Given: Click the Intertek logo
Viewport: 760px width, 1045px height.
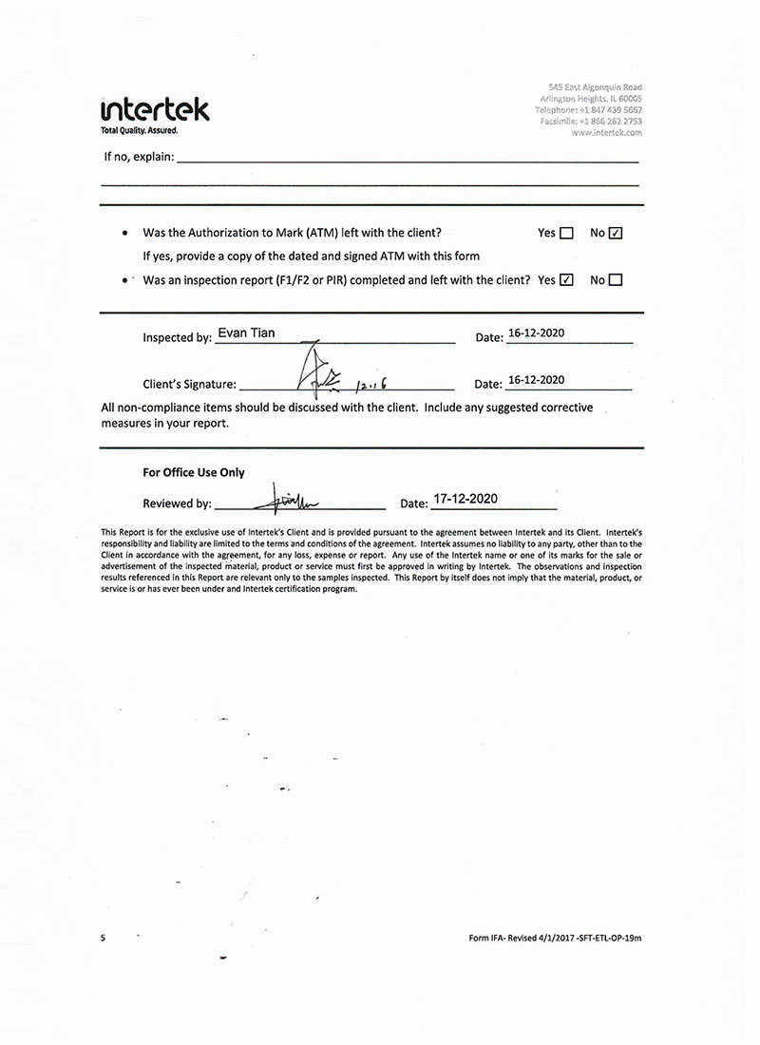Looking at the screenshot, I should coord(154,108).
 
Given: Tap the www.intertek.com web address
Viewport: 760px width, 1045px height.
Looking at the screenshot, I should coord(606,133).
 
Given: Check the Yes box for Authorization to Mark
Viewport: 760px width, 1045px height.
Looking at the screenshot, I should coord(567,233).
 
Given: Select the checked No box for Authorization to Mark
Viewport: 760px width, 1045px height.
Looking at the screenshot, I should coord(616,233).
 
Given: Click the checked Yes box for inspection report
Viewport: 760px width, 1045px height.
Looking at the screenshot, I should coord(567,280).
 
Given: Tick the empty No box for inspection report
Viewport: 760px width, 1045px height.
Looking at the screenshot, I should coord(616,280).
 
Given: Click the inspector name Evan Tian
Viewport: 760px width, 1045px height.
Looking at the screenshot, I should coord(246,333).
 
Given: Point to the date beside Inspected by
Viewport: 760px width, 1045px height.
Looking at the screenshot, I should coord(537,333).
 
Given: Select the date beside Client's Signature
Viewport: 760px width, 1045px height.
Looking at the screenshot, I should coord(537,380).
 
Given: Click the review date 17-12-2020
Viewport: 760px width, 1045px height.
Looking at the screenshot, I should coord(465,499).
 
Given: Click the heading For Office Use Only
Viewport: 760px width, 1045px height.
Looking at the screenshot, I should coord(194,472).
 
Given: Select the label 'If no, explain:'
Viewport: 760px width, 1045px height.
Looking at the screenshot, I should coord(139,157).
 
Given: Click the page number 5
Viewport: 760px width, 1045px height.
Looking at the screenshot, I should coord(103,938).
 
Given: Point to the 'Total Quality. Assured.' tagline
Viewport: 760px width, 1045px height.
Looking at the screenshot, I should coord(140,130).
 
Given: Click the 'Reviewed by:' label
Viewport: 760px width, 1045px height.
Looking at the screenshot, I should coord(177,503).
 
